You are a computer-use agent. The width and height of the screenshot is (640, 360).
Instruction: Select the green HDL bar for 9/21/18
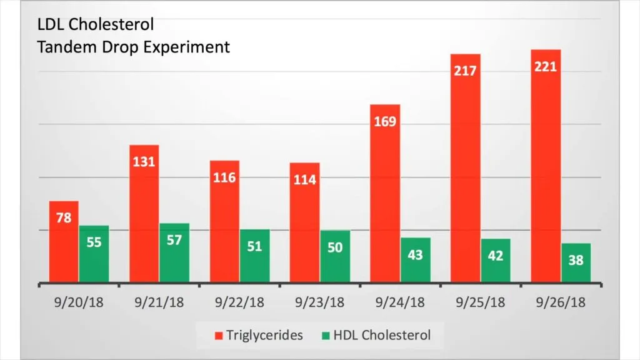[x=174, y=253]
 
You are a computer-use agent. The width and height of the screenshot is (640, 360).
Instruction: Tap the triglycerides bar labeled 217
[x=466, y=169]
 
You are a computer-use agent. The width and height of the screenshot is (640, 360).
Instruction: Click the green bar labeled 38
[x=576, y=263]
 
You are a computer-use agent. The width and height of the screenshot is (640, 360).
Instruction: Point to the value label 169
[x=385, y=121]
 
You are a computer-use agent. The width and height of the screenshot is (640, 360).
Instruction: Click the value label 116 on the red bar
[x=224, y=177]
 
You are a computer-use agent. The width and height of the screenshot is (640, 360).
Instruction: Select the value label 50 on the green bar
[x=335, y=247]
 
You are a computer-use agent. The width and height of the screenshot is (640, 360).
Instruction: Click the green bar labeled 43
[x=416, y=260]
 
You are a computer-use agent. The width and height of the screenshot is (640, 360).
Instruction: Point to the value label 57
[x=174, y=240]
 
